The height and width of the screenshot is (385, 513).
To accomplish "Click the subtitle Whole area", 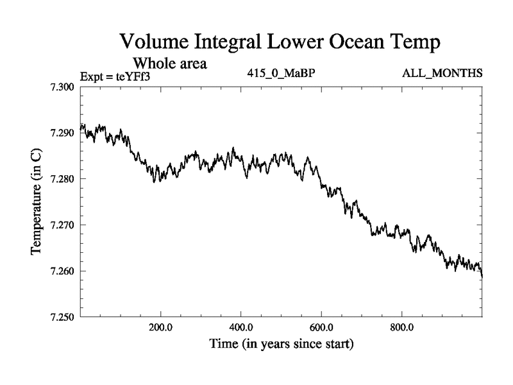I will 169,64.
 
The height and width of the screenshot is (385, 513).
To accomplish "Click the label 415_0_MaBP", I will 280,73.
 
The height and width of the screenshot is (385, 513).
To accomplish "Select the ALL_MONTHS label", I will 442,73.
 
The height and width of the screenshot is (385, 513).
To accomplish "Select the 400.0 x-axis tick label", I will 241,326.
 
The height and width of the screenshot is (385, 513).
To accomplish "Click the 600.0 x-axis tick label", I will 321,326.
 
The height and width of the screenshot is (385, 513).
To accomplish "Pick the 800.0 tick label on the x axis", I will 402,326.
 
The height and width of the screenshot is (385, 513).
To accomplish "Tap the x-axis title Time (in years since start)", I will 282,345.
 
